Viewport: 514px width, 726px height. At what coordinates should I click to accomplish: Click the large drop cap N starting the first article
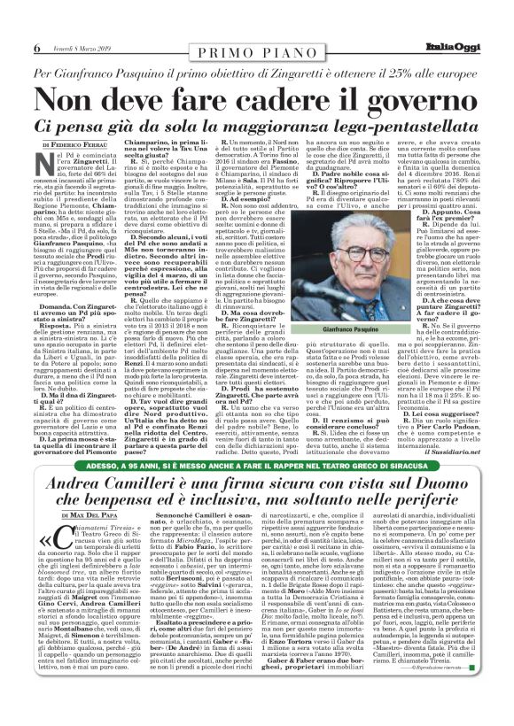coord(51,164)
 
